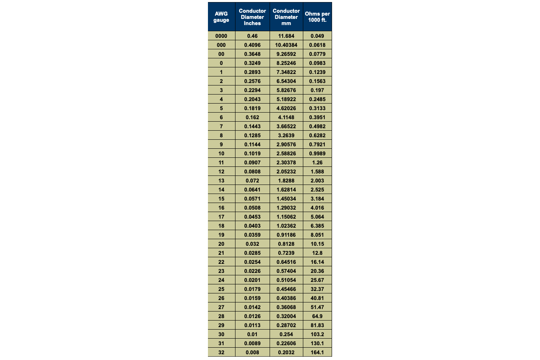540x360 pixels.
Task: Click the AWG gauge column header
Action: tap(221, 17)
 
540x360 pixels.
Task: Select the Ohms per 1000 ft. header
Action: tap(317, 17)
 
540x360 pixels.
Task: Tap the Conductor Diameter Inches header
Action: tap(252, 17)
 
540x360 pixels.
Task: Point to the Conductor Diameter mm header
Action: tap(286, 17)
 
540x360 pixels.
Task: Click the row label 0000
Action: tap(221, 36)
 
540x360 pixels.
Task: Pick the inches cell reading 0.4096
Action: tap(252, 45)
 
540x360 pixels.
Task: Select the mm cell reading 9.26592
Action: tap(286, 54)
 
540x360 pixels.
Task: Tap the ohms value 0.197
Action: tap(317, 90)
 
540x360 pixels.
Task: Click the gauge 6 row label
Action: tap(221, 117)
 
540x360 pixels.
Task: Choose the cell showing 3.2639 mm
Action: tap(286, 135)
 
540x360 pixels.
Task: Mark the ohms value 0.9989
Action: tap(317, 153)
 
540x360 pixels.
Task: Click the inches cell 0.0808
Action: tap(252, 171)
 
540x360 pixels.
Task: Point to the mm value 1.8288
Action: tap(286, 180)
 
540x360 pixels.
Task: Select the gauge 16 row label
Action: tap(221, 208)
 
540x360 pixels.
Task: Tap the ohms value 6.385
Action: tap(317, 226)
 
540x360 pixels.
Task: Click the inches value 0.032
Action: tap(252, 244)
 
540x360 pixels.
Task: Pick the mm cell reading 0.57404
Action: tap(286, 271)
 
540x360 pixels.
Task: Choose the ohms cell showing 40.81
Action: tap(317, 298)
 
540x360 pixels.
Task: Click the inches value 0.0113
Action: tap(252, 325)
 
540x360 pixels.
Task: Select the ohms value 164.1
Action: tap(317, 352)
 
